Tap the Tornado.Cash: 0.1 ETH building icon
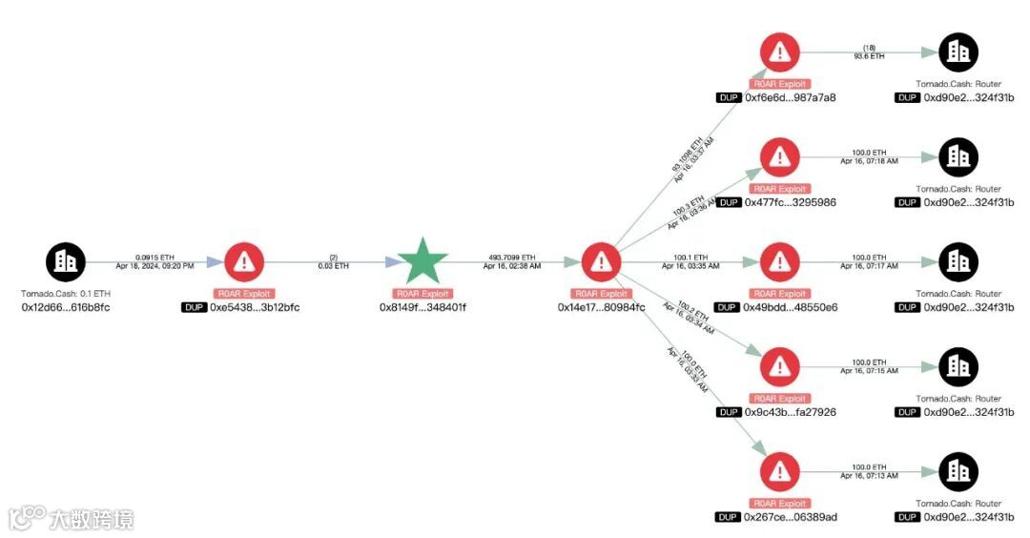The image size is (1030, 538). (x=66, y=261)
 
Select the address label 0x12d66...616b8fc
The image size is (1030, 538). (x=66, y=307)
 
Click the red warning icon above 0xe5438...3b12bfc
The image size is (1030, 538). (x=244, y=261)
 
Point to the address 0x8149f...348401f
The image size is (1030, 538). (x=423, y=307)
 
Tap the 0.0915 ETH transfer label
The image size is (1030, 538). (x=154, y=257)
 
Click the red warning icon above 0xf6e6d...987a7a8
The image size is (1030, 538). (x=780, y=52)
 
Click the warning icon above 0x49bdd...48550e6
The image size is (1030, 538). (x=780, y=261)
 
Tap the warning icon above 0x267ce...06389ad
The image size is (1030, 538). (x=780, y=471)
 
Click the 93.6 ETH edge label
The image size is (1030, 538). (x=869, y=56)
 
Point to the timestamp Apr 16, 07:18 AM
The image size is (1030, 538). (x=869, y=161)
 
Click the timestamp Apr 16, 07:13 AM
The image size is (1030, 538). (x=869, y=476)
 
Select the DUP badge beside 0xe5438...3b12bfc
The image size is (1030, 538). (x=194, y=307)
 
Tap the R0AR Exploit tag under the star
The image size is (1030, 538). (x=423, y=294)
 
